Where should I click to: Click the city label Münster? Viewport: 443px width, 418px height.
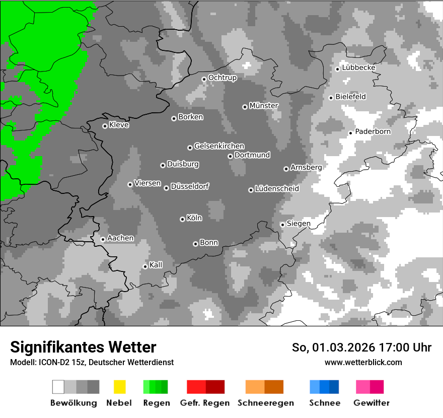263,106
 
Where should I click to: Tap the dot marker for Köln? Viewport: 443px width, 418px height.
182,219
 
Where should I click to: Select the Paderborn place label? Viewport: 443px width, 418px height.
373,132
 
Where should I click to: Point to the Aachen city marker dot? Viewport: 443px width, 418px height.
103,239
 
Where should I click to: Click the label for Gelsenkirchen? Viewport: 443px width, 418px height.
219,147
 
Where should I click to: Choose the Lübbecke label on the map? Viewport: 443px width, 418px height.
358,68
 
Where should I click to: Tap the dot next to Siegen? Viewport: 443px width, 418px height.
282,225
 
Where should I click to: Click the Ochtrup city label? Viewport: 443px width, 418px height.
222,78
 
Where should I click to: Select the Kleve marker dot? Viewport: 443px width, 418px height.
105,126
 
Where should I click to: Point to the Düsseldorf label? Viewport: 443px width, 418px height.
189,186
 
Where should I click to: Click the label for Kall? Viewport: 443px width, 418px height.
156,265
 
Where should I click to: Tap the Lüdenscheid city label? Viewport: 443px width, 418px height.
277,189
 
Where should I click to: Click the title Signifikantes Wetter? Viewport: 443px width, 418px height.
83,347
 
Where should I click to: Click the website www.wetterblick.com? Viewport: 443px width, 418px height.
363,362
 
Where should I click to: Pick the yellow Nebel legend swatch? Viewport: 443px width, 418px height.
119,387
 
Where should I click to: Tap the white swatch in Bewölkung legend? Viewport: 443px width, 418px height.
58,387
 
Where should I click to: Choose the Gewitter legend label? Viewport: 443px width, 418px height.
371,403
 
